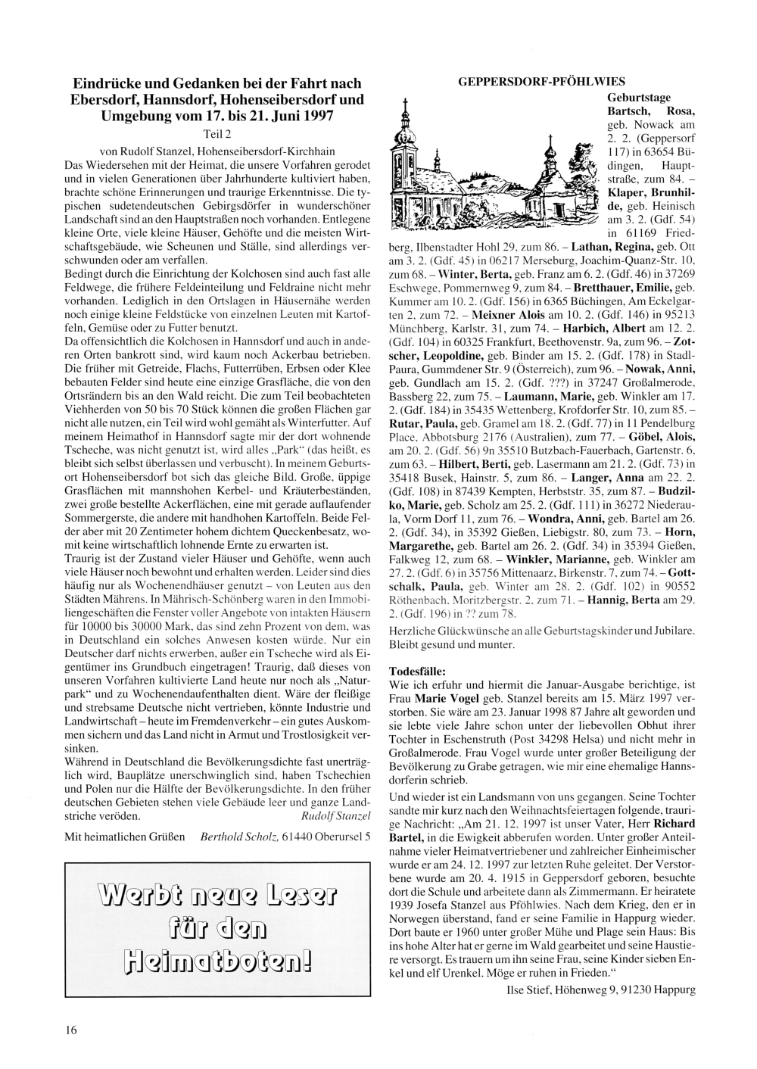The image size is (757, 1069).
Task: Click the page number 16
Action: coord(70,1029)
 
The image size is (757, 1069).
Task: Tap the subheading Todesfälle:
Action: coord(416,670)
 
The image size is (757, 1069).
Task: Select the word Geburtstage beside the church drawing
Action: coord(640,98)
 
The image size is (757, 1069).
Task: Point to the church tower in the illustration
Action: coord(406,151)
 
